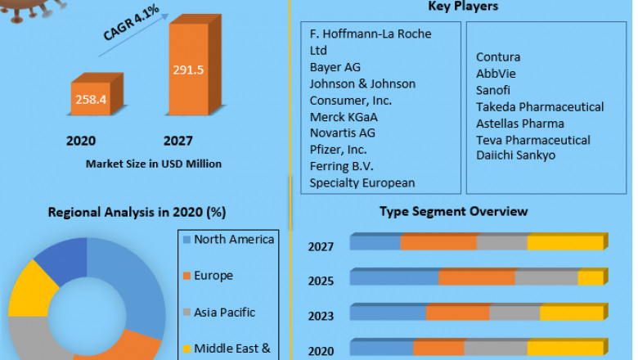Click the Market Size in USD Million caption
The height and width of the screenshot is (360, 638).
coord(154,164)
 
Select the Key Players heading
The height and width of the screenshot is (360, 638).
coord(463,7)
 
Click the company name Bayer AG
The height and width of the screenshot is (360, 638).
coord(335,66)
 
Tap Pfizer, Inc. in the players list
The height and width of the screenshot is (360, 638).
coord(339,149)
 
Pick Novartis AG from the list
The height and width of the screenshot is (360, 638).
coord(343,133)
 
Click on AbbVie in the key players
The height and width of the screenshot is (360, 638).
coord(496,74)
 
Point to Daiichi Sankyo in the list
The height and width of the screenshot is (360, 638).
coord(516,155)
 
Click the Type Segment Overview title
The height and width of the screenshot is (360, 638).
coord(453,211)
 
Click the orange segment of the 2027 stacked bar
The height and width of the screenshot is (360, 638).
coord(438,242)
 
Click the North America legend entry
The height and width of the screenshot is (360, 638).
coord(234,239)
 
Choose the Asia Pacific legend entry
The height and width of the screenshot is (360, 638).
coord(225,312)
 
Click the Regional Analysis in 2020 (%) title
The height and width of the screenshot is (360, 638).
coord(137,212)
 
